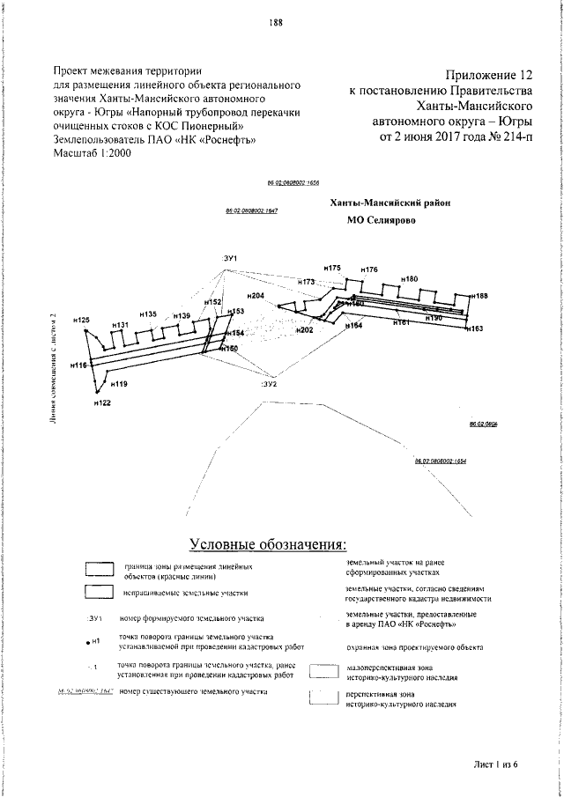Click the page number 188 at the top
(276, 23)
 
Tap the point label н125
(81, 321)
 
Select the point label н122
(102, 402)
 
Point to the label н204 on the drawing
(257, 296)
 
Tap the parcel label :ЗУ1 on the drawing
(232, 256)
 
